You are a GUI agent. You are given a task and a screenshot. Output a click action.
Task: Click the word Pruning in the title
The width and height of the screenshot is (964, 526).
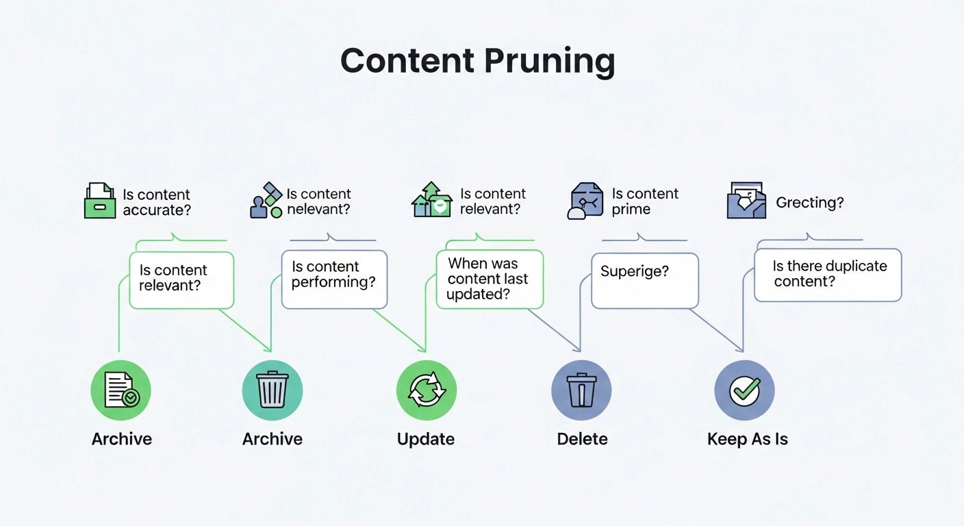click(x=550, y=61)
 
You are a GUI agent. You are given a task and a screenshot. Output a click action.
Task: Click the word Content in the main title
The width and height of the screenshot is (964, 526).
click(x=408, y=61)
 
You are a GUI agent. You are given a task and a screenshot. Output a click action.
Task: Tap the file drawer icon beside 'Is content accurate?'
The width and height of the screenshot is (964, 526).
click(x=100, y=201)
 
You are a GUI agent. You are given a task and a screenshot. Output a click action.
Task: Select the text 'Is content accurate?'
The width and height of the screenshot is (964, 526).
click(x=156, y=202)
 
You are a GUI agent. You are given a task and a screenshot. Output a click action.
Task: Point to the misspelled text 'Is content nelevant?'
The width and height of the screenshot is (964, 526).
click(x=318, y=201)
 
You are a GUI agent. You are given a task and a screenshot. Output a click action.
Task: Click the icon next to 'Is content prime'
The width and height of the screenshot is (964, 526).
click(x=586, y=201)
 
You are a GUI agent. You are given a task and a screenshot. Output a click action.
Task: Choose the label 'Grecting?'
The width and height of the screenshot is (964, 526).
click(x=809, y=202)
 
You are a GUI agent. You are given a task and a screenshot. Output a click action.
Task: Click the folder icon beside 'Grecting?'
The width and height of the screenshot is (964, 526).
click(x=746, y=200)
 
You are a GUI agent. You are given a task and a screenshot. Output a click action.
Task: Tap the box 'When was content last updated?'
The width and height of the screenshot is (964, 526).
click(x=490, y=279)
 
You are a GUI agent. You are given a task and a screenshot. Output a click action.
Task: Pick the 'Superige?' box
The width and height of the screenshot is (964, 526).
click(x=644, y=280)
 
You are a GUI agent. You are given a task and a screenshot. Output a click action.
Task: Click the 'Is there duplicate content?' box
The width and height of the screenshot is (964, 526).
click(x=828, y=275)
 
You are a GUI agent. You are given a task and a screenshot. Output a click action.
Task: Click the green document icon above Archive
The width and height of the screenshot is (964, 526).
click(x=120, y=390)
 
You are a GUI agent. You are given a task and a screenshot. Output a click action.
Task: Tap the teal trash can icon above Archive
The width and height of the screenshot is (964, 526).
click(x=272, y=390)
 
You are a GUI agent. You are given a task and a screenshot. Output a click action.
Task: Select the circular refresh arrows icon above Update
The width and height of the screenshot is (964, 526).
click(x=427, y=390)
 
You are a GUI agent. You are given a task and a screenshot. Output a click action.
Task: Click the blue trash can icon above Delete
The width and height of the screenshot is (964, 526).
click(x=581, y=390)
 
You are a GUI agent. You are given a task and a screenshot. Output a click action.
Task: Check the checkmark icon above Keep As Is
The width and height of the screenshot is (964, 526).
click(x=744, y=390)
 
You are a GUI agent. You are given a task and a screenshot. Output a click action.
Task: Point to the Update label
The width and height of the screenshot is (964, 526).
click(x=426, y=439)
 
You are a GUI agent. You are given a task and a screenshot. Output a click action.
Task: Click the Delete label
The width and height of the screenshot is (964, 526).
click(x=582, y=439)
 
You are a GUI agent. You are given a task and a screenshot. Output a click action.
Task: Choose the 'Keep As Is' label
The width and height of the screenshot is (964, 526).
click(x=747, y=439)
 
